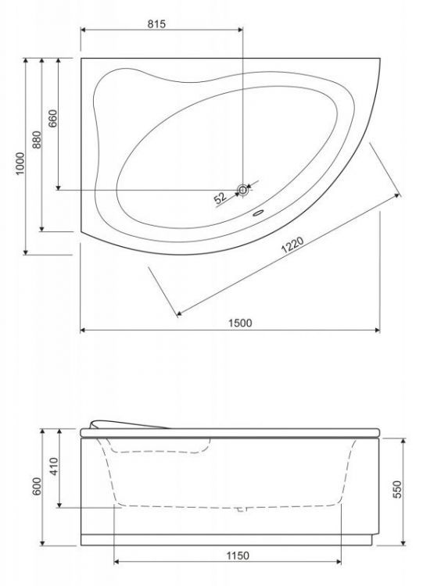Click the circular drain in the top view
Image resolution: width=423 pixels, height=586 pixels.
[243, 190]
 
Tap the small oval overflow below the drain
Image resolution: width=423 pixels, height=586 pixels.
[258, 211]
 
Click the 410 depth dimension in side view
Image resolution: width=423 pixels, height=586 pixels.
[53, 468]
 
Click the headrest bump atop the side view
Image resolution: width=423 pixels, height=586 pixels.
[129, 423]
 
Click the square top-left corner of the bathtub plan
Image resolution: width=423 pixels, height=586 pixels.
[81, 57]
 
